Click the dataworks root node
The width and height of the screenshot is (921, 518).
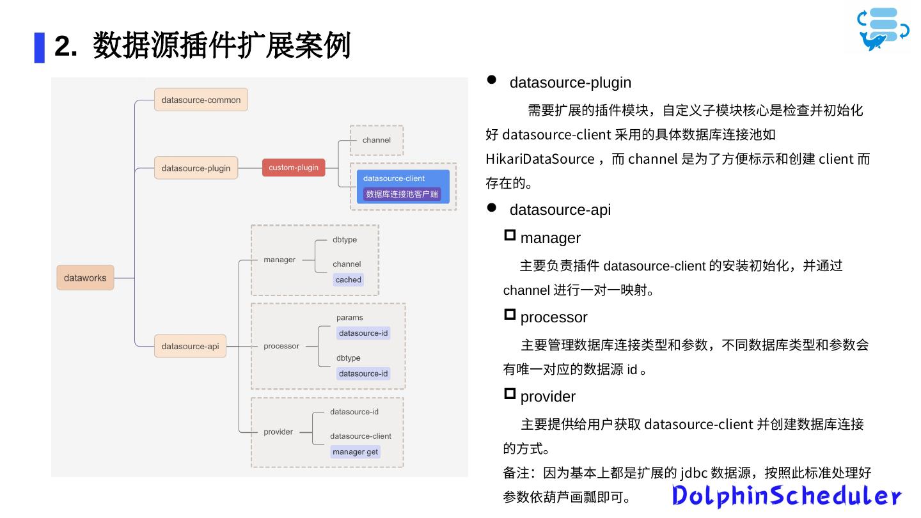[x=85, y=278]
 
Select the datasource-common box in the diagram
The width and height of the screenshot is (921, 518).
[x=201, y=100]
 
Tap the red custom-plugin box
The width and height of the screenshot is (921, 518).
[x=294, y=168]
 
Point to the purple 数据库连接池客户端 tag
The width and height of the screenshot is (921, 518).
[x=402, y=194]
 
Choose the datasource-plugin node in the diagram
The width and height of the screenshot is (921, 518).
[x=196, y=168]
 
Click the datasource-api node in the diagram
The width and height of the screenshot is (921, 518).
[x=190, y=346]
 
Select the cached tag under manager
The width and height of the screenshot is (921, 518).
[x=349, y=279]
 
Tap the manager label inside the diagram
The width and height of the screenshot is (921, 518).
[x=279, y=260]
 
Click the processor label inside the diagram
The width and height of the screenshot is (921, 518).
[x=281, y=346]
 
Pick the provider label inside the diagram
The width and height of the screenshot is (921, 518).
[x=278, y=432]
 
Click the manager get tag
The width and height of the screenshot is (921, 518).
[x=355, y=451]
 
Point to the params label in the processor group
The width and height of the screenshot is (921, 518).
[x=349, y=317]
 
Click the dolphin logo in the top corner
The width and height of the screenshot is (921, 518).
[x=883, y=29]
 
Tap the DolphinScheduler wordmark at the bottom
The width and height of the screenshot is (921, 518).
[x=787, y=496]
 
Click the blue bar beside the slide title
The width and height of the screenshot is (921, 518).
[x=40, y=47]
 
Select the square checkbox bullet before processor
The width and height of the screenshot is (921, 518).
[x=510, y=314]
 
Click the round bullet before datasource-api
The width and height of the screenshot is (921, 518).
[x=492, y=207]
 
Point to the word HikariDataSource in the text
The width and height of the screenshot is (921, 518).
[x=540, y=159]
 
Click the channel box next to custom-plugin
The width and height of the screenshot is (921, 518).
[x=377, y=140]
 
